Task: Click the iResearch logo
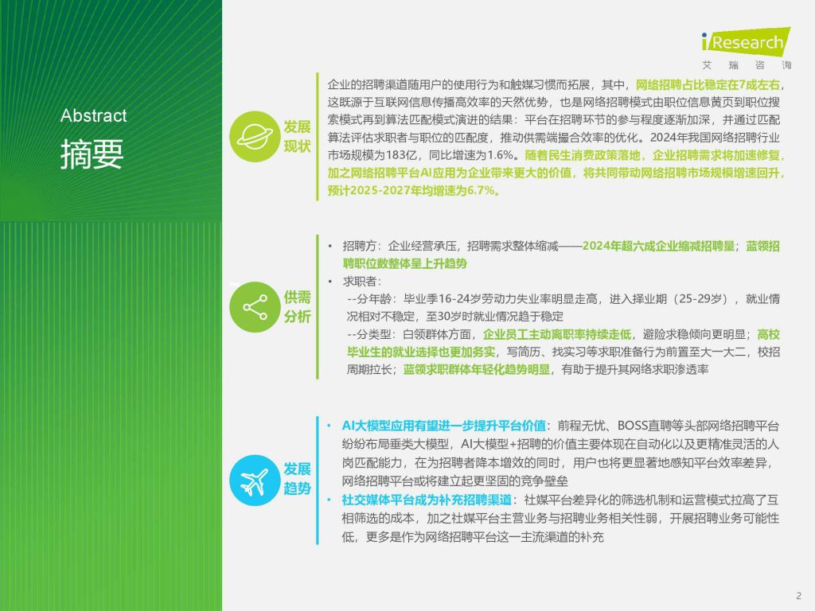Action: point(746,41)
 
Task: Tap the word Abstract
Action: point(94,115)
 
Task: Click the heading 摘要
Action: point(92,154)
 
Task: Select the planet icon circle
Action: point(255,137)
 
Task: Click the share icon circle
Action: point(255,307)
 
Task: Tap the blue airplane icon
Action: point(255,481)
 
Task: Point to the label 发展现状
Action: point(297,137)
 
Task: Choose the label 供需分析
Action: point(297,307)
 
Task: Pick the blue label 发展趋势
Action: point(297,479)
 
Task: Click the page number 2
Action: point(799,596)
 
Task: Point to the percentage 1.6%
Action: point(501,155)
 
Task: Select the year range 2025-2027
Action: point(378,191)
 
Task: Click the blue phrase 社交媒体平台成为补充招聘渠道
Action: point(427,500)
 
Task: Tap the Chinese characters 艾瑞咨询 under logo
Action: point(747,65)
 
